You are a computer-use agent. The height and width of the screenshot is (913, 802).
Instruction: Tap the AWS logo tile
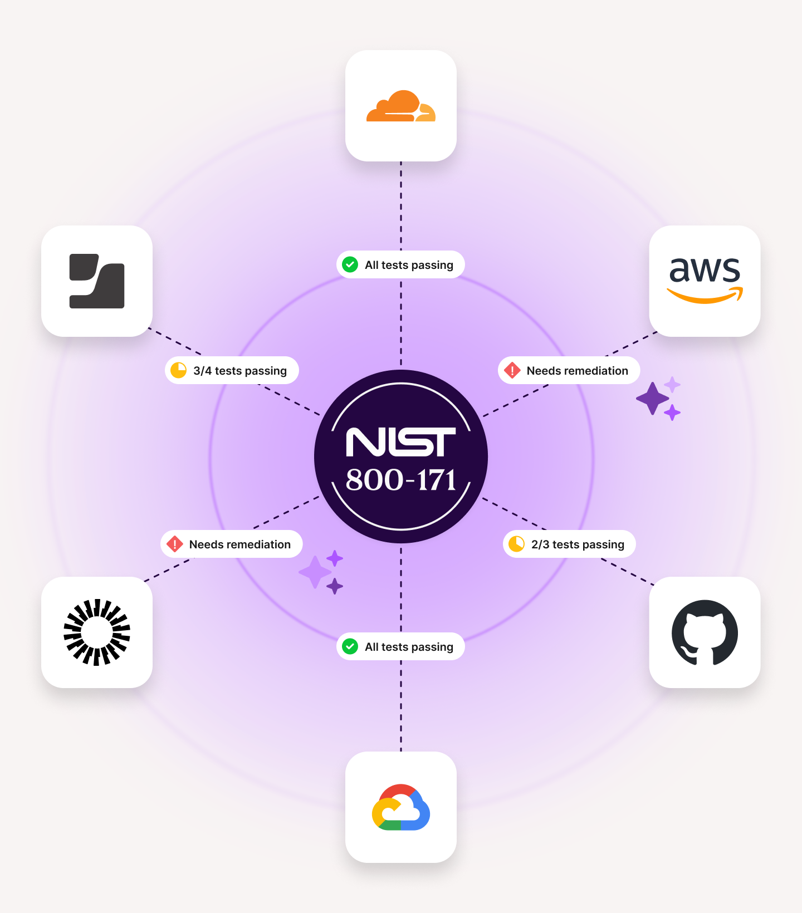[x=705, y=281]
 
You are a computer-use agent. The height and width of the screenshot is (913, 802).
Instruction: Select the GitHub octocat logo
[x=705, y=632]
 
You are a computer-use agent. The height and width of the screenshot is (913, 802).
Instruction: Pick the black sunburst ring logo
[x=97, y=632]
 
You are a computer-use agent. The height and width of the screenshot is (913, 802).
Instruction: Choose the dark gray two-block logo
[x=97, y=281]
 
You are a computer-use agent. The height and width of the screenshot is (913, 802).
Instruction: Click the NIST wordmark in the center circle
[x=401, y=442]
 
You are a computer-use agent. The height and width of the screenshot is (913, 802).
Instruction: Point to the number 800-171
[x=401, y=480]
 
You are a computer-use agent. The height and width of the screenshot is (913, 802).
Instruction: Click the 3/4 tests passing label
[x=239, y=371]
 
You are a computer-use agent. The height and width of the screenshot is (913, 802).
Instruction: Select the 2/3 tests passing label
[x=577, y=544]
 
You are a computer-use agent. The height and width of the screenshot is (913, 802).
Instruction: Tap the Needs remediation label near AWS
[x=577, y=371]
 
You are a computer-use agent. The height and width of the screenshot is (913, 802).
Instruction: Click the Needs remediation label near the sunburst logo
[x=239, y=544]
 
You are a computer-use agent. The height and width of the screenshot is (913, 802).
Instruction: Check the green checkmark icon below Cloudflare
[x=350, y=264]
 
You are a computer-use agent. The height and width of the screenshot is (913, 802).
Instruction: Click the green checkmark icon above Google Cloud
[x=350, y=646]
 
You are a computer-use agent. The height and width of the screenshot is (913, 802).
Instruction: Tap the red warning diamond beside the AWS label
[x=512, y=370]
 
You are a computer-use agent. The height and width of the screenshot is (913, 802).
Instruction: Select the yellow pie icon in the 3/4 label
[x=178, y=370]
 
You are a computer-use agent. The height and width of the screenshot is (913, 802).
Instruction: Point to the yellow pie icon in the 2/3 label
[x=516, y=544]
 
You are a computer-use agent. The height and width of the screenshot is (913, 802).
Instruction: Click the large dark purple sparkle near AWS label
[x=652, y=399]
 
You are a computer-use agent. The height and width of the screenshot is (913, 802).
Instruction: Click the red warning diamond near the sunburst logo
[x=175, y=544]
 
